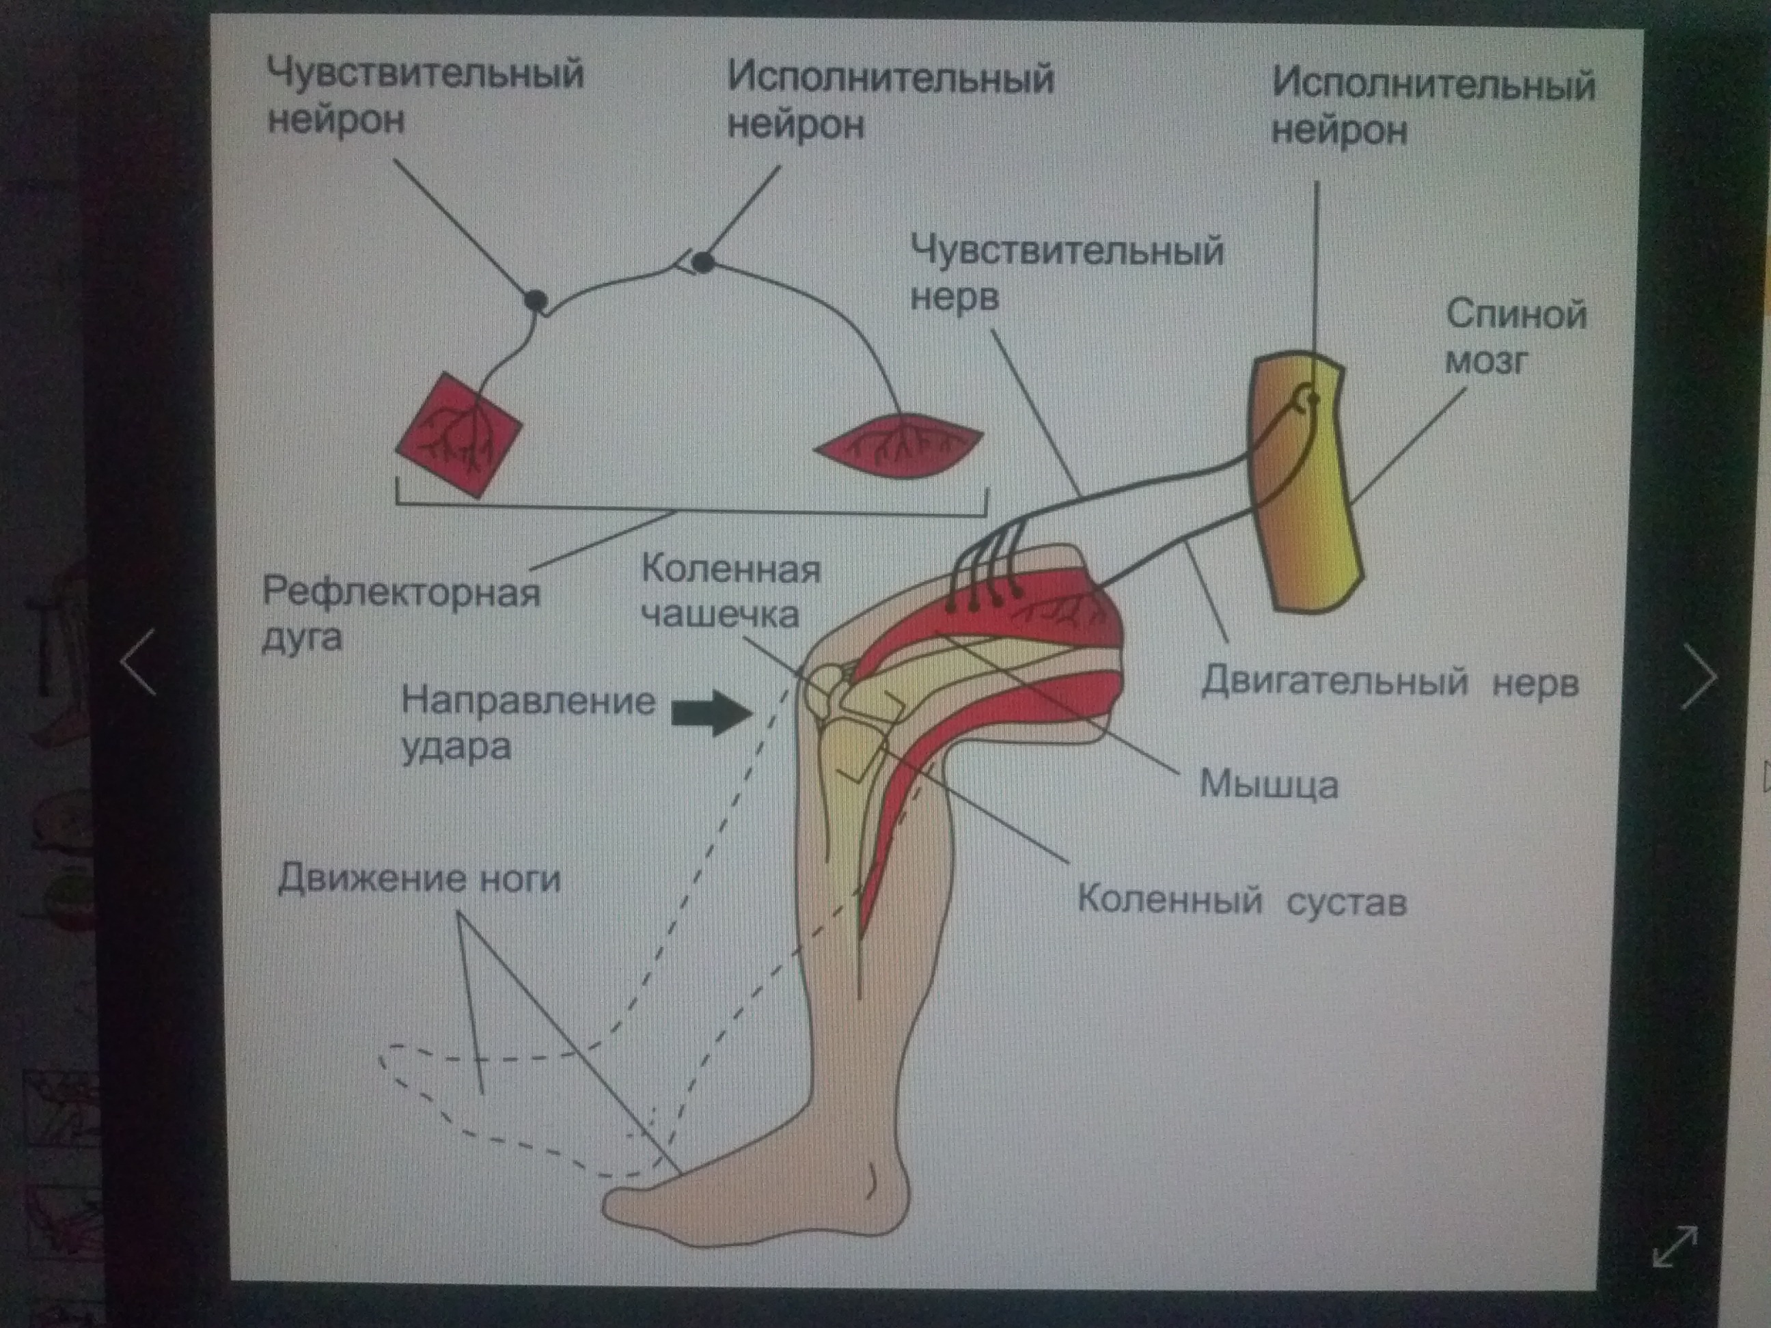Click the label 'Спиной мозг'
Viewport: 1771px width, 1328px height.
click(1515, 336)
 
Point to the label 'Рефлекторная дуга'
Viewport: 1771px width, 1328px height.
click(400, 615)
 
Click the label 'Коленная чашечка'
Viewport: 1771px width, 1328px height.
click(730, 592)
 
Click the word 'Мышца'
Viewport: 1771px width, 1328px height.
click(1268, 784)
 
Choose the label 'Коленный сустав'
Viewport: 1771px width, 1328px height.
click(1241, 901)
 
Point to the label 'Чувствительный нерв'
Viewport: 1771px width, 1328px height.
click(1067, 273)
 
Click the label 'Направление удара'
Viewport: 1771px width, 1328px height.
click(527, 723)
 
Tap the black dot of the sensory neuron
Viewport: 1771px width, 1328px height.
click(536, 300)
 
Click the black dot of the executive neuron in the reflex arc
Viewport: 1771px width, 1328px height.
click(703, 262)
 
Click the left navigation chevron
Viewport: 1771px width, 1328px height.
click(139, 661)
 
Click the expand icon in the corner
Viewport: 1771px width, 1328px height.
click(1673, 1246)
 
